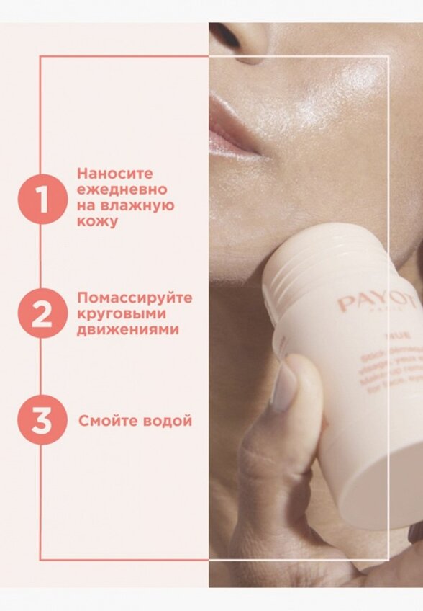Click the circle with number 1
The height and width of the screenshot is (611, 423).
tap(43, 199)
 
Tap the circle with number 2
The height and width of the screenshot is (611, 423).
tap(43, 313)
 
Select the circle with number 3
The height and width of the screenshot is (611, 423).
tap(43, 420)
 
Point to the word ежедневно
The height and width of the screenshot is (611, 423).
tap(122, 189)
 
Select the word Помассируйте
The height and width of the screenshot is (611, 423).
tap(135, 298)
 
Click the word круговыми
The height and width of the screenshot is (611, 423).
tap(122, 313)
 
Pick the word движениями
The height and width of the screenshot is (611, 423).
tap(127, 330)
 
